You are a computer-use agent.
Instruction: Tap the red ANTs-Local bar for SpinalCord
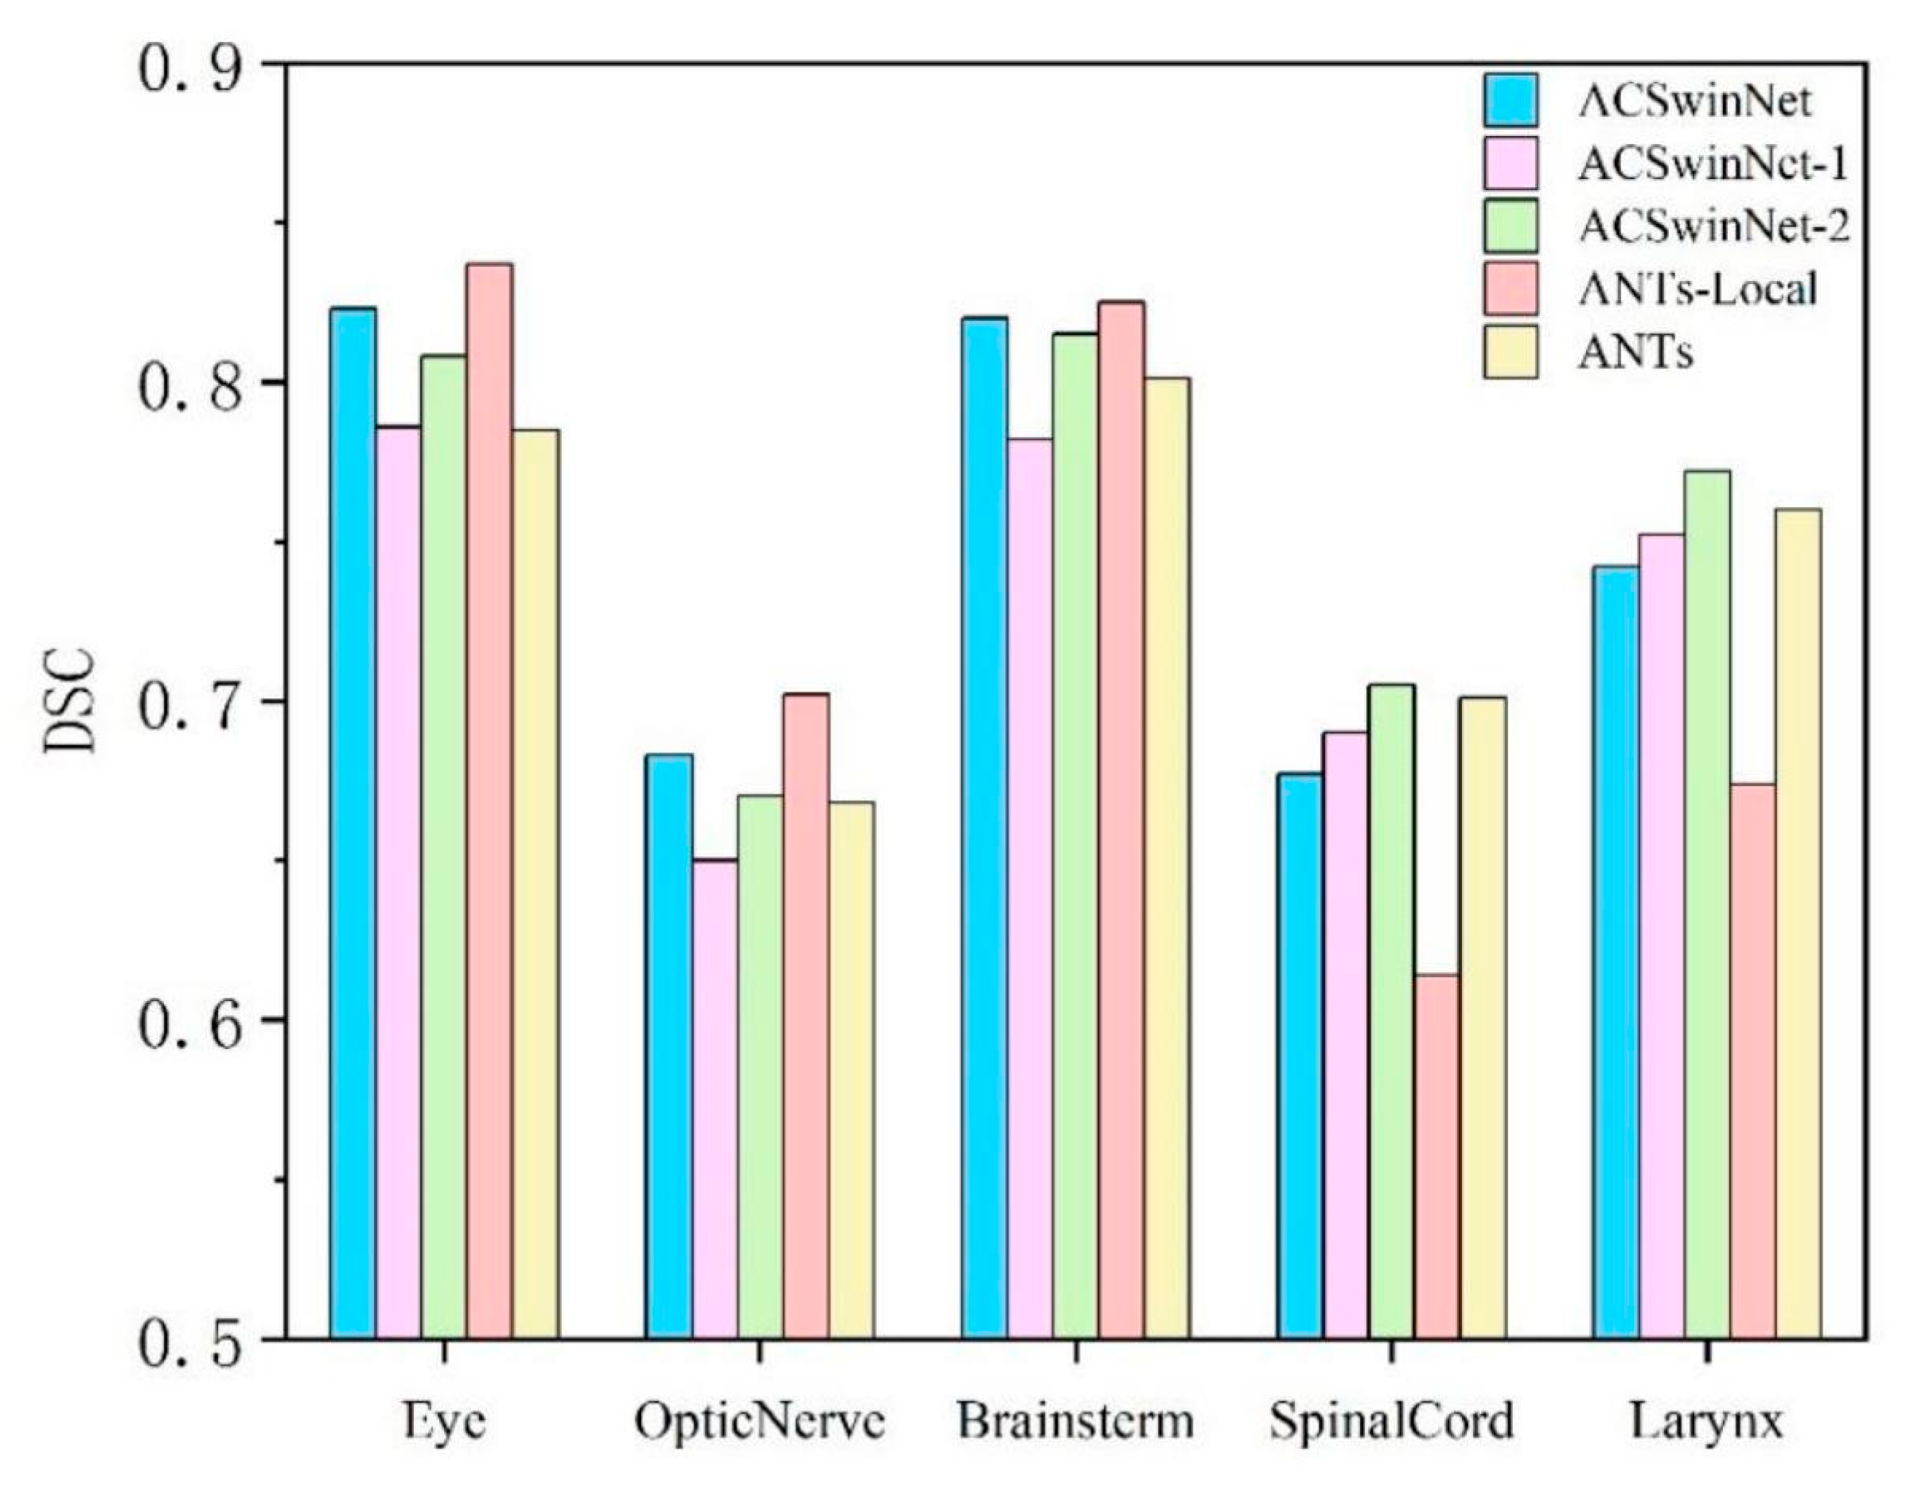[x=1437, y=1156]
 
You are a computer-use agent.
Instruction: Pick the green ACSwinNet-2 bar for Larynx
[x=1707, y=903]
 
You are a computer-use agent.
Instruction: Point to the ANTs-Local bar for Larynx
[x=1752, y=1059]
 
